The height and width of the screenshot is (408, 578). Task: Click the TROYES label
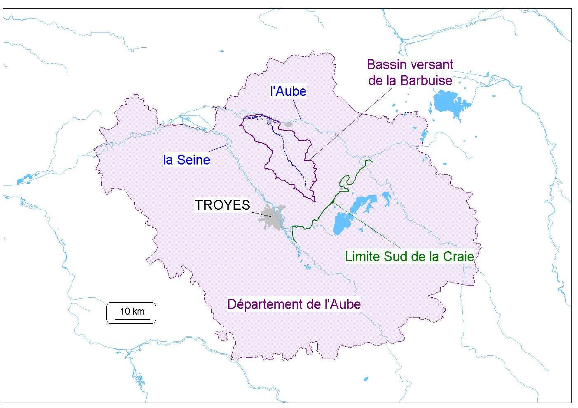pyautogui.click(x=222, y=205)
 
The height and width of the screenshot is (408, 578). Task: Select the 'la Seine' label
pyautogui.click(x=187, y=160)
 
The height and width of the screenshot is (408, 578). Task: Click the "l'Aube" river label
pyautogui.click(x=288, y=91)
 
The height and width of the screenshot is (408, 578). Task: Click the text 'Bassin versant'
pyautogui.click(x=410, y=65)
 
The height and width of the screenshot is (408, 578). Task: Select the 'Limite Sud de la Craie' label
pyautogui.click(x=410, y=256)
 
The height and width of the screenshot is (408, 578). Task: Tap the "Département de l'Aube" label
pyautogui.click(x=294, y=304)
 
